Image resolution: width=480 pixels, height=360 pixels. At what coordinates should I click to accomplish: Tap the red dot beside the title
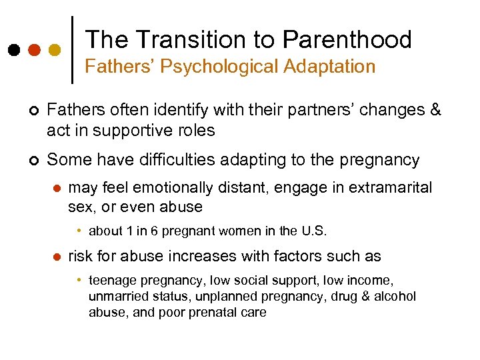point(33,50)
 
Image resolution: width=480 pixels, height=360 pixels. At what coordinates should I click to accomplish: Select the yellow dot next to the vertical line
point(55,50)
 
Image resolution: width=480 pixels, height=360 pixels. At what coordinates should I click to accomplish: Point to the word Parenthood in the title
point(347,40)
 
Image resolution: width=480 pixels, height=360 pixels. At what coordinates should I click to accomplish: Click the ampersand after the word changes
point(435,110)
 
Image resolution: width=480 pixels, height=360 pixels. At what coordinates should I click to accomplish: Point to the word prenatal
point(213,311)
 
